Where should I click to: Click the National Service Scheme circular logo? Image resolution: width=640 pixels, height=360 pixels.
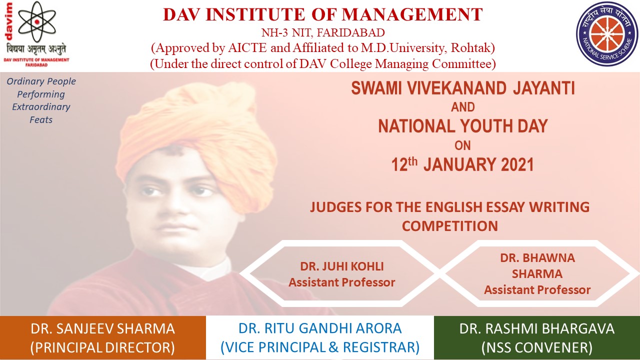click(606, 33)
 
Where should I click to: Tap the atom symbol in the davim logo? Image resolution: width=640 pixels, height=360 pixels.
click(37, 21)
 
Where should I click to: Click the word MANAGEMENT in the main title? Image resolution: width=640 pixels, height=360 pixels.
click(412, 14)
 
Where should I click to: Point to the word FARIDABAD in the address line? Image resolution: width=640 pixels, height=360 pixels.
click(350, 33)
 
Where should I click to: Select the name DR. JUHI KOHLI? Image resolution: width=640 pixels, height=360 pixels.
click(341, 266)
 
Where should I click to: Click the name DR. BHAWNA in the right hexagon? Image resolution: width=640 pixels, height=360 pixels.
click(537, 257)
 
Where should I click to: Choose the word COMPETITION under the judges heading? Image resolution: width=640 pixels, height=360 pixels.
click(449, 226)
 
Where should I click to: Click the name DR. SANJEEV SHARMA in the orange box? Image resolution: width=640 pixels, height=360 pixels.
click(102, 329)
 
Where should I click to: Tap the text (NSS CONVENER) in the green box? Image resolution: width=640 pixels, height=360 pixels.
click(537, 347)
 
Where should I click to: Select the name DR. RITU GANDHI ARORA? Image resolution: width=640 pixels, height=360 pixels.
click(320, 328)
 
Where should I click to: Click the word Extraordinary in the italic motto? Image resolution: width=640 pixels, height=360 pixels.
click(41, 107)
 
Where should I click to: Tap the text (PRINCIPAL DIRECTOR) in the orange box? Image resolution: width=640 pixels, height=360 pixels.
click(102, 347)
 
